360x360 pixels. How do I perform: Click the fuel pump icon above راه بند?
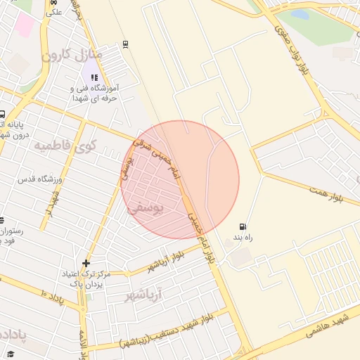243,227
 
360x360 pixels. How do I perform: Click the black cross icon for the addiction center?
86,264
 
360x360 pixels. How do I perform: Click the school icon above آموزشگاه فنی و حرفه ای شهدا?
94,78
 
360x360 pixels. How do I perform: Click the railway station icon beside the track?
125,44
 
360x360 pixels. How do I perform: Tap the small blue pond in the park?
300,13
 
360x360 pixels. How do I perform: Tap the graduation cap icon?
10,354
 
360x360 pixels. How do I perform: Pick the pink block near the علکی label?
25,25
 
